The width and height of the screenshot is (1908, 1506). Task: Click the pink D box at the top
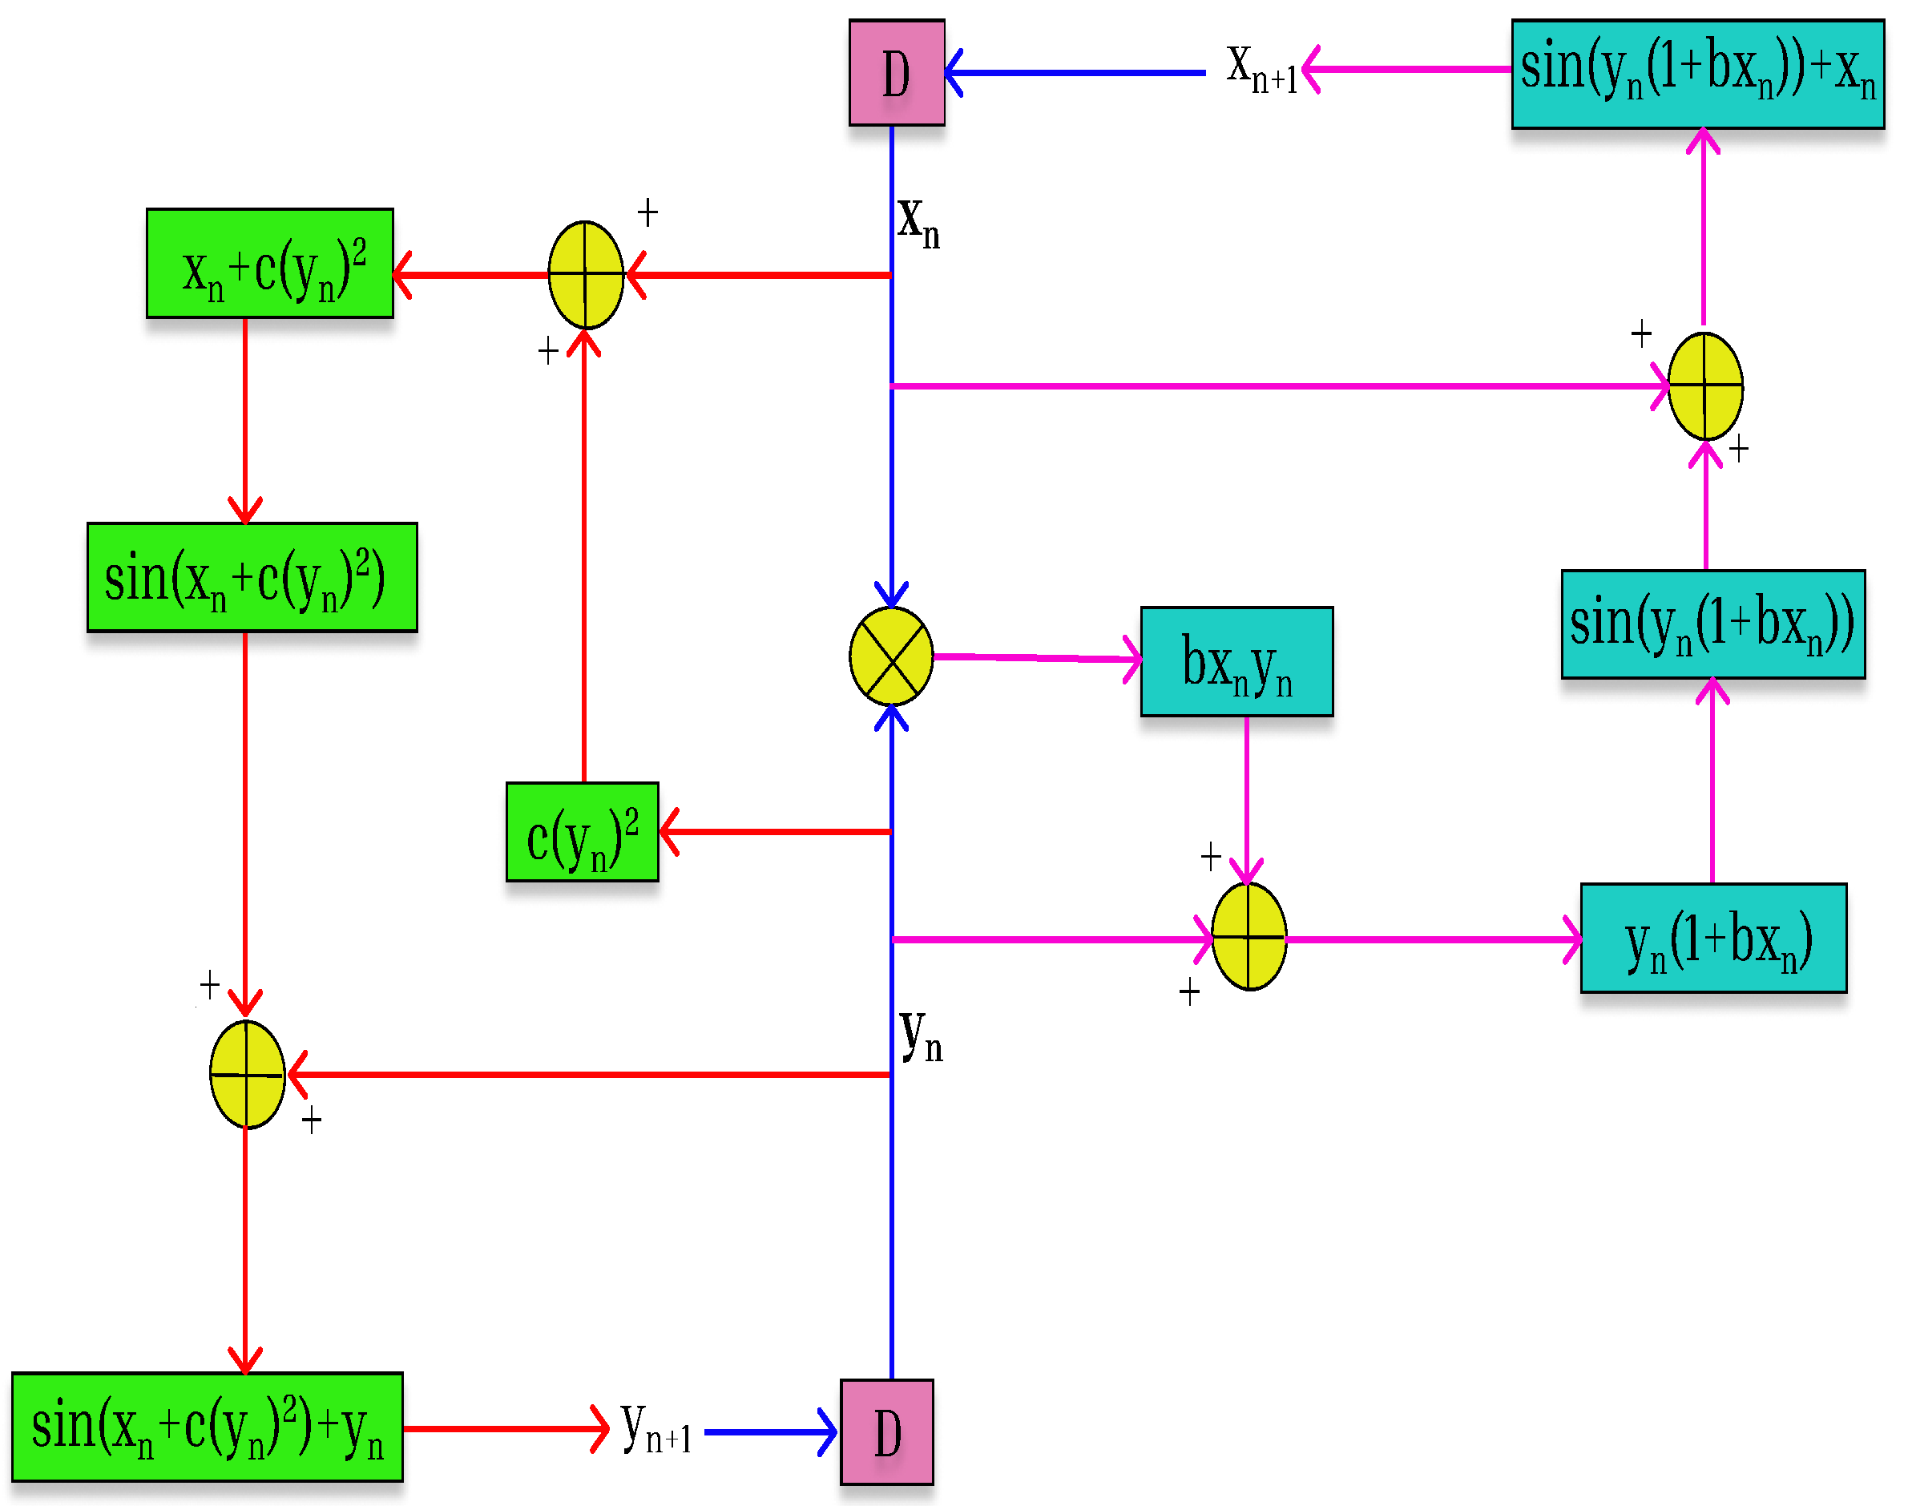point(897,72)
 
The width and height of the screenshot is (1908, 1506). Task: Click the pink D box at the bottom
point(887,1433)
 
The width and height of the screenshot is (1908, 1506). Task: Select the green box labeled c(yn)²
point(582,831)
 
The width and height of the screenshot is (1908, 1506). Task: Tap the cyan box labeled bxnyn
point(1236,661)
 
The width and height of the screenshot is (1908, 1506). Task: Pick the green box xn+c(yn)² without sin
point(270,264)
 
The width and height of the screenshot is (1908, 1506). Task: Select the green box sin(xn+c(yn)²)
point(252,578)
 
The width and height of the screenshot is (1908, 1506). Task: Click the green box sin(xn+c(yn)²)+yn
point(208,1427)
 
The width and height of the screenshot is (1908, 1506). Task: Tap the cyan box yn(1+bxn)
point(1713,939)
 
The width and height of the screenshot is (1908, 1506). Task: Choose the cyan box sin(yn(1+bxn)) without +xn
point(1712,624)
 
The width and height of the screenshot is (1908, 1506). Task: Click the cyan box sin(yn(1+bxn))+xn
point(1697,74)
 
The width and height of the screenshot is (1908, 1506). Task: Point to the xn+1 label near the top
point(1261,69)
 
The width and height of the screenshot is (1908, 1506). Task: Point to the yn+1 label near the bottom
point(655,1428)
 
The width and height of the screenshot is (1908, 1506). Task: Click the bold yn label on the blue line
point(922,1036)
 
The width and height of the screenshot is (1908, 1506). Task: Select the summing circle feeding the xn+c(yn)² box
point(586,275)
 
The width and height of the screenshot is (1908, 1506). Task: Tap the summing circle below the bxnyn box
point(1248,936)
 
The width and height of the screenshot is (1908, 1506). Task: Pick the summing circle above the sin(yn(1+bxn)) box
point(1705,386)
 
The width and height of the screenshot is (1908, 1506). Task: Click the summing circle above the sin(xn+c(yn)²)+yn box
point(247,1075)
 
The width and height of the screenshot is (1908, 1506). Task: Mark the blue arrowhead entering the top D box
point(954,72)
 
